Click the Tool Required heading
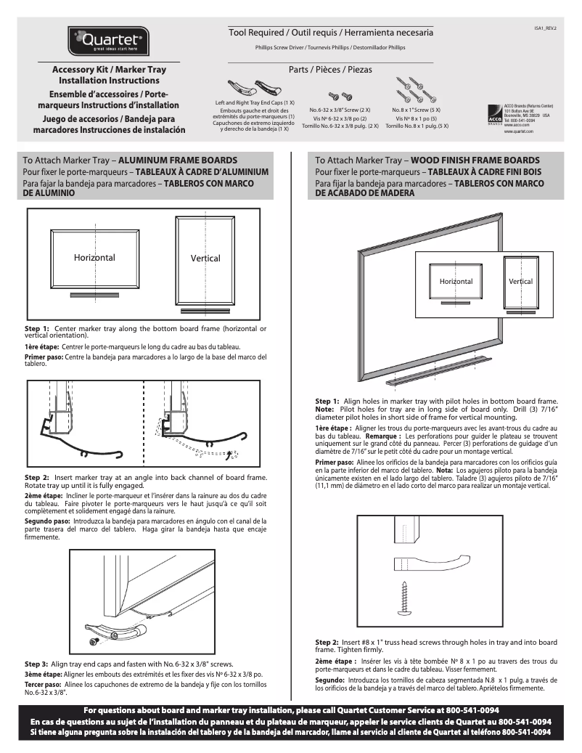(331, 33)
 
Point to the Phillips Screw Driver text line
(330, 47)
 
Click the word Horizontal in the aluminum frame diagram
(94, 258)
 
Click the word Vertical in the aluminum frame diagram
(205, 259)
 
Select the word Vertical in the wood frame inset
(520, 281)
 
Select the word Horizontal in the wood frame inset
(456, 281)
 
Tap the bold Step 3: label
(36, 664)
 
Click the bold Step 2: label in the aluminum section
(36, 477)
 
